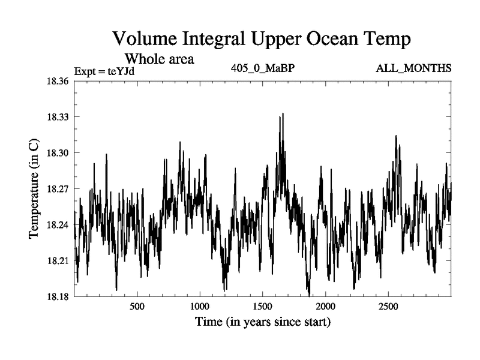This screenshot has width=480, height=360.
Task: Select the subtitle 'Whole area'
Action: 159,59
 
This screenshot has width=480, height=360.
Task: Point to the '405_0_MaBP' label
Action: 262,68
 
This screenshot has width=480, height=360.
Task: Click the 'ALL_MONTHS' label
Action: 413,68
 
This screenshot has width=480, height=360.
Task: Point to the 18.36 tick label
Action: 59,80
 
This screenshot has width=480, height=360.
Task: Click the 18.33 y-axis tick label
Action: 59,116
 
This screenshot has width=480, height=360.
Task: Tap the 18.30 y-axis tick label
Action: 59,152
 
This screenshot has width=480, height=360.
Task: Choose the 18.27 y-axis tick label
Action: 59,188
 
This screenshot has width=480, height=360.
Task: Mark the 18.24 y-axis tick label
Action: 59,225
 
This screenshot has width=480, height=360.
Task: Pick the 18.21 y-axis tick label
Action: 59,261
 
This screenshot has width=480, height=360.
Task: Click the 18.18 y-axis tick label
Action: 59,297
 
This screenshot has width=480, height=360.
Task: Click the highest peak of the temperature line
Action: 282,113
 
